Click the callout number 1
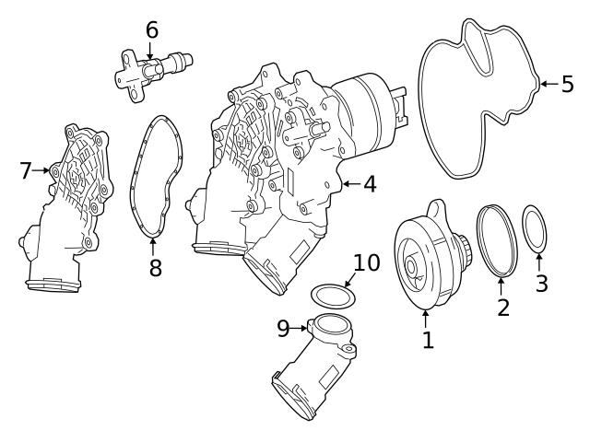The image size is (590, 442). [428, 340]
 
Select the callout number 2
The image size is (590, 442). [503, 308]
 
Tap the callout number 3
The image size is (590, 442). [541, 284]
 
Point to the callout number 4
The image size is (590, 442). [369, 184]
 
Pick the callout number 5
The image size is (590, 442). [567, 84]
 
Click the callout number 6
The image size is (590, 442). [152, 30]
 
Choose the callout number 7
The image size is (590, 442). [26, 170]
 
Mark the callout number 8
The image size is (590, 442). [155, 269]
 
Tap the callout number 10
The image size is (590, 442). [366, 262]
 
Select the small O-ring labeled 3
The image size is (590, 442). [536, 230]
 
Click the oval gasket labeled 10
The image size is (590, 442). [332, 296]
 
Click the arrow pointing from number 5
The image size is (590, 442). [548, 84]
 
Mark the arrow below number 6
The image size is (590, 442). [152, 49]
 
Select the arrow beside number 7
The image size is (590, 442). [42, 170]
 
